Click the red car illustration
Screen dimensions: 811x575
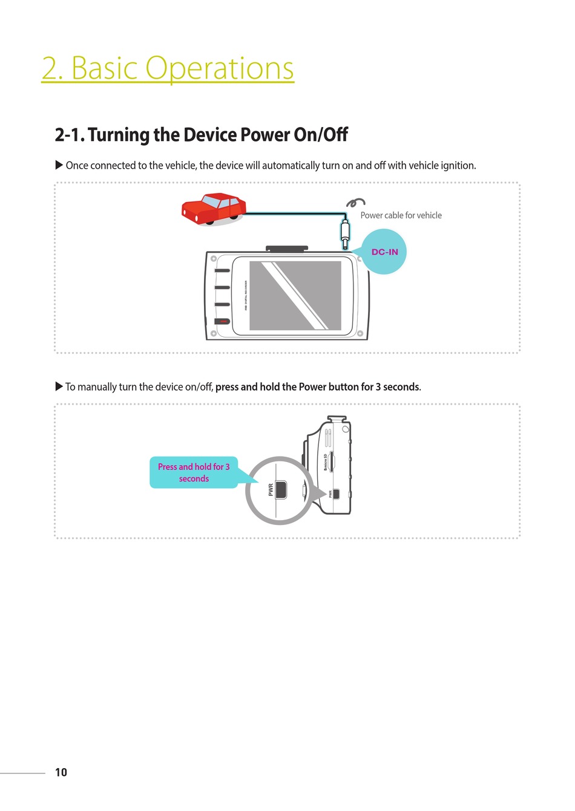214,209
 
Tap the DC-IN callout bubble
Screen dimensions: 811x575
385,252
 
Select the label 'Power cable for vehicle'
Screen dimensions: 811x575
401,215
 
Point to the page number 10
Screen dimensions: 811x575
61,772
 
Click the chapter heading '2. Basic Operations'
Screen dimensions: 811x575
168,68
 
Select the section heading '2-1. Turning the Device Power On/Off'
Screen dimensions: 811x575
201,135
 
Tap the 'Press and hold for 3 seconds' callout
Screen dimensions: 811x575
194,472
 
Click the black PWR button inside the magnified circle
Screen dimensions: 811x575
281,490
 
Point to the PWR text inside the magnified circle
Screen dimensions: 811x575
271,489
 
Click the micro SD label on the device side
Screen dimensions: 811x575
326,461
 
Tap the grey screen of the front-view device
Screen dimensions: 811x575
295,296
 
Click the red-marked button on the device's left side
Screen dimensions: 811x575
222,321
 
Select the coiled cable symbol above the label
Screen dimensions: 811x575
355,202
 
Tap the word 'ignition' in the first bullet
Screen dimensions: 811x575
458,166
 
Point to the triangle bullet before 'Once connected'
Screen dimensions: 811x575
59,165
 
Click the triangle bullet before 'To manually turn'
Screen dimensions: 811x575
59,386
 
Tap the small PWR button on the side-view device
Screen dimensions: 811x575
336,494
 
